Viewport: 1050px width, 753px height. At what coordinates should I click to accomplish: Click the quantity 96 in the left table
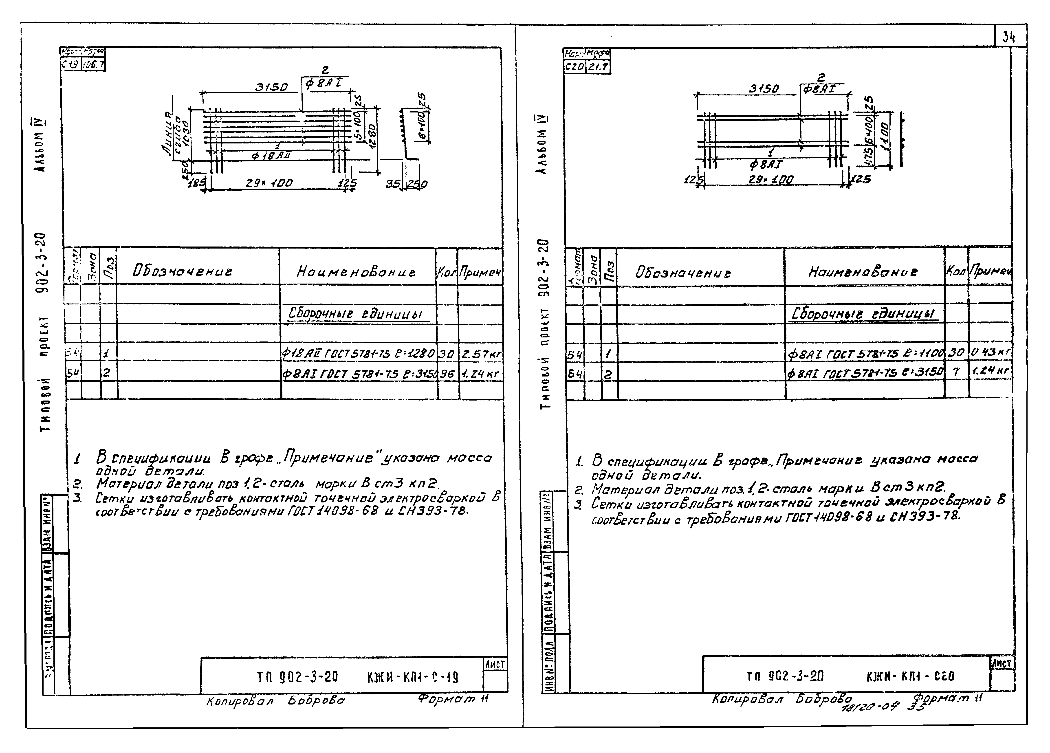(x=447, y=373)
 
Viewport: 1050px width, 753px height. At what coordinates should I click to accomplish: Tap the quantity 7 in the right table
(x=955, y=371)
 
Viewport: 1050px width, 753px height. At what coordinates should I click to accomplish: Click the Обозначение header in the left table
(x=182, y=271)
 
